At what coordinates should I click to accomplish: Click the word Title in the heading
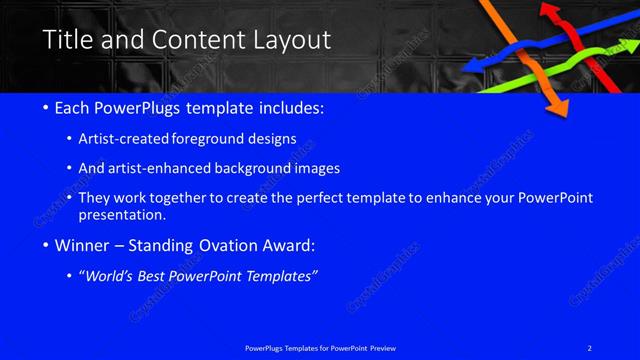[x=68, y=40]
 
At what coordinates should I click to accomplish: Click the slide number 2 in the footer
[x=591, y=347]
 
